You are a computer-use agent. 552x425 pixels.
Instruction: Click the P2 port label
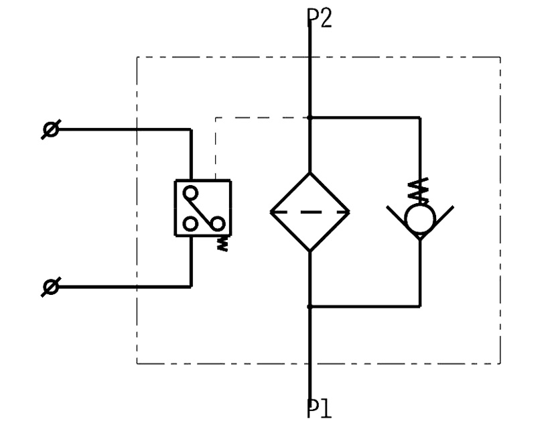pos(320,17)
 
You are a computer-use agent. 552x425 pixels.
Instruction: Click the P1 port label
pos(320,408)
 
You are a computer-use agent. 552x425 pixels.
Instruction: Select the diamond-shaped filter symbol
pos(309,212)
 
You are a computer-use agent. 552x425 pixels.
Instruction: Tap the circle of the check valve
pos(420,217)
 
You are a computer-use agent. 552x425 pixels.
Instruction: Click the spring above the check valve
pos(420,191)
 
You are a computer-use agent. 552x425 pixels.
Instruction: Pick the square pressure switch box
pos(202,208)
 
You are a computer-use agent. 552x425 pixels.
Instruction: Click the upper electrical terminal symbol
pos(50,129)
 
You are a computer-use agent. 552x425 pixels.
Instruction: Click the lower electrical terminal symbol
pos(50,287)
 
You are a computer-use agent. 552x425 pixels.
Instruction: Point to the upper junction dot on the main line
pos(309,117)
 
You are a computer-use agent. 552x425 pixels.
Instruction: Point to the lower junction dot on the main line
pos(309,306)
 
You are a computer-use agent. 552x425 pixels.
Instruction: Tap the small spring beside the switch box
pos(224,244)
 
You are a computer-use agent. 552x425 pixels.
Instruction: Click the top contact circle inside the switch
pos(191,193)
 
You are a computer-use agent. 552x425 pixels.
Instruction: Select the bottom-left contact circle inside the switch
pos(191,224)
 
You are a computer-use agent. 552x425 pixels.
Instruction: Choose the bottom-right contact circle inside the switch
pos(217,224)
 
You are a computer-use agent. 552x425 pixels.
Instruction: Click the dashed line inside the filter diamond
pos(309,212)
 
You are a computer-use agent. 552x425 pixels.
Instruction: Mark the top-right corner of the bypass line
pos(420,117)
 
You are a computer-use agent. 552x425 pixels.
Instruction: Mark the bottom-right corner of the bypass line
pos(420,306)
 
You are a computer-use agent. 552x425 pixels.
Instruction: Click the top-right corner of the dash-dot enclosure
pos(500,57)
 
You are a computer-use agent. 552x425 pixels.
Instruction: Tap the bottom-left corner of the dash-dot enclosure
pos(137,363)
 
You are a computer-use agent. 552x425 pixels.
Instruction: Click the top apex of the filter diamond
pos(309,172)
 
